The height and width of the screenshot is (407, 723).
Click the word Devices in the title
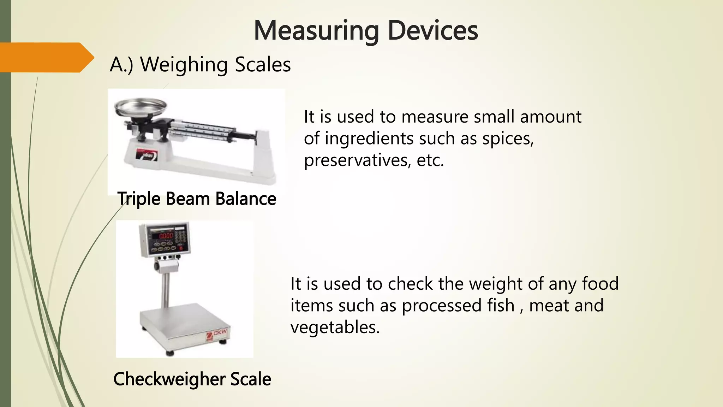pyautogui.click(x=432, y=31)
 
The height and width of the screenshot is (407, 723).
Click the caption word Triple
pyautogui.click(x=139, y=199)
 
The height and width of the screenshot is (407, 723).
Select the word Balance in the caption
pyautogui.click(x=246, y=199)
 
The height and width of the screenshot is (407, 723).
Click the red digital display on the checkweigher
pyautogui.click(x=166, y=236)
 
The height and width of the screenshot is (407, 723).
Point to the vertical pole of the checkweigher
pyautogui.click(x=165, y=286)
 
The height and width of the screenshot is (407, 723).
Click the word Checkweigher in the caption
pyautogui.click(x=169, y=379)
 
